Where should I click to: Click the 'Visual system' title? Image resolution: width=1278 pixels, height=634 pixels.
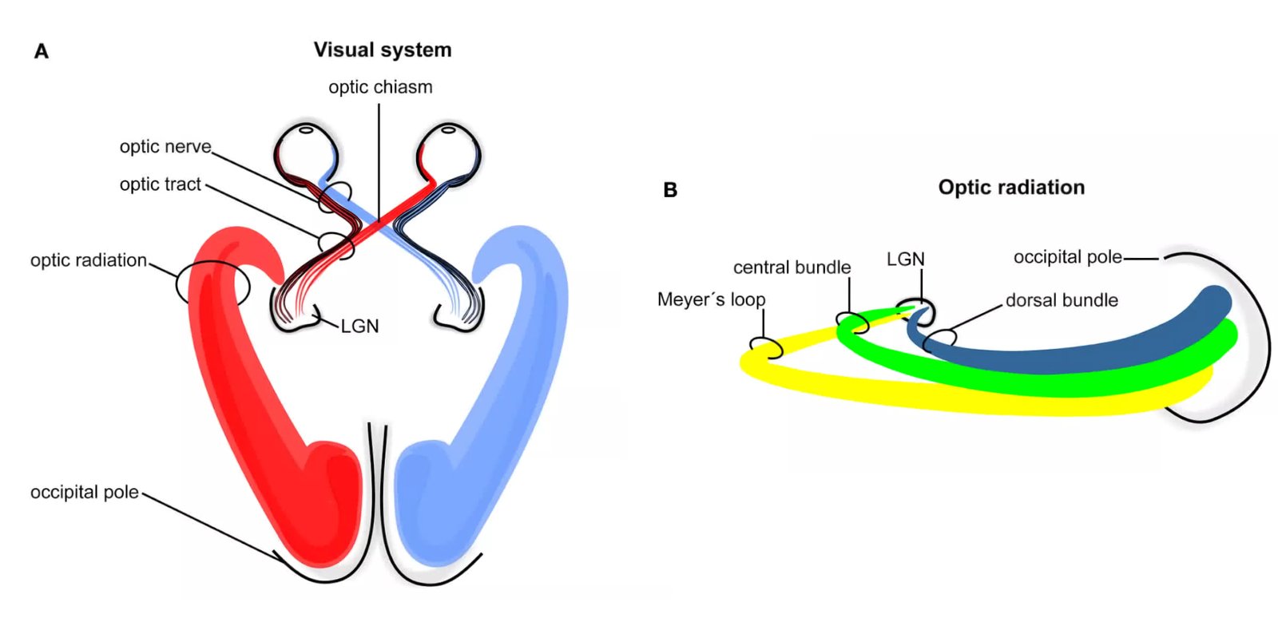(x=382, y=50)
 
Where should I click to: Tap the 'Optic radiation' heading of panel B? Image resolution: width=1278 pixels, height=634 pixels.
(x=1010, y=188)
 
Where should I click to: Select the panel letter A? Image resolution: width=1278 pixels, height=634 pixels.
(x=42, y=52)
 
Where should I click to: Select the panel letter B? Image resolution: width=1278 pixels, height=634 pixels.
(x=670, y=190)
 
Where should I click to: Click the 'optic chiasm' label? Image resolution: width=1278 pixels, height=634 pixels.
(x=380, y=87)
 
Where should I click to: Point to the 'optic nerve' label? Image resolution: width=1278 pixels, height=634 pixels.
(x=165, y=147)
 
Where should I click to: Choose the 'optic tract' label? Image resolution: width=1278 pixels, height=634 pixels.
(x=160, y=184)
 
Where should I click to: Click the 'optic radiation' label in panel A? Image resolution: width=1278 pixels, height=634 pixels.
(x=89, y=260)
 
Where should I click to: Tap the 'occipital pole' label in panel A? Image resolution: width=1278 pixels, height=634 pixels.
(x=84, y=493)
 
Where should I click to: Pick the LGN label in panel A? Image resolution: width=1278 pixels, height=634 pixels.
(x=359, y=327)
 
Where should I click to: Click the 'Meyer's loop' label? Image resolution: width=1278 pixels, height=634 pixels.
(x=711, y=300)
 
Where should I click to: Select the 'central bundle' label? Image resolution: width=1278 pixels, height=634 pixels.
(x=792, y=267)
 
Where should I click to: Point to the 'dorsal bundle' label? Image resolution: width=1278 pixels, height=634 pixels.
(x=1062, y=301)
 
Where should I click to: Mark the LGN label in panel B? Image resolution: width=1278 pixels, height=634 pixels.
(x=905, y=260)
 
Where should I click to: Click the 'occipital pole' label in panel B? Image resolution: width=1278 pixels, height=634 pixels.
(x=1067, y=257)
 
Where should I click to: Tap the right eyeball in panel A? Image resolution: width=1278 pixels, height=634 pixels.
(x=448, y=152)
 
